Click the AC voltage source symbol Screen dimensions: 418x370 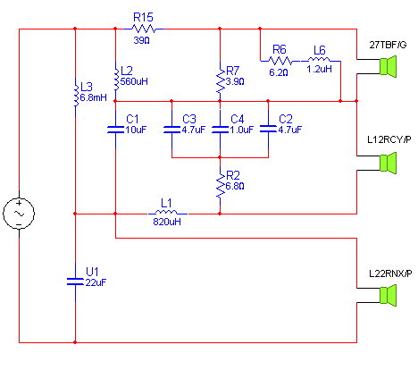click(19, 214)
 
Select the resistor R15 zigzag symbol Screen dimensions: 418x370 click(144, 29)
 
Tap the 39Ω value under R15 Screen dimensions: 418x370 click(141, 40)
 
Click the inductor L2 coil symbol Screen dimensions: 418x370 click(116, 76)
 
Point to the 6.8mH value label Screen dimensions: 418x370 click(94, 97)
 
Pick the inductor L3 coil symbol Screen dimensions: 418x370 click(76, 93)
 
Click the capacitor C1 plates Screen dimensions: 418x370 click(115, 130)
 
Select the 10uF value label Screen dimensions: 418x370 click(136, 130)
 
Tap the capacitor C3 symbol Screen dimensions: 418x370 click(171, 130)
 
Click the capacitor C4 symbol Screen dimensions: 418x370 click(220, 130)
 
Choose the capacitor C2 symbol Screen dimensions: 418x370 click(268, 130)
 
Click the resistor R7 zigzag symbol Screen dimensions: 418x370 click(221, 81)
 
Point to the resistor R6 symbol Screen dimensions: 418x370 click(280, 61)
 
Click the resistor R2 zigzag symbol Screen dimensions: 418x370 click(221, 185)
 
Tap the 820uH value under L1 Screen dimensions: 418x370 click(167, 222)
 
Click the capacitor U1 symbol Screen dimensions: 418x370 click(75, 282)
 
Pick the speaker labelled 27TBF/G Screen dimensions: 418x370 click(388, 66)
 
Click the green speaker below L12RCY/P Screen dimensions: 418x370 click(388, 163)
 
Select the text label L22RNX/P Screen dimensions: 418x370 click(390, 273)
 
